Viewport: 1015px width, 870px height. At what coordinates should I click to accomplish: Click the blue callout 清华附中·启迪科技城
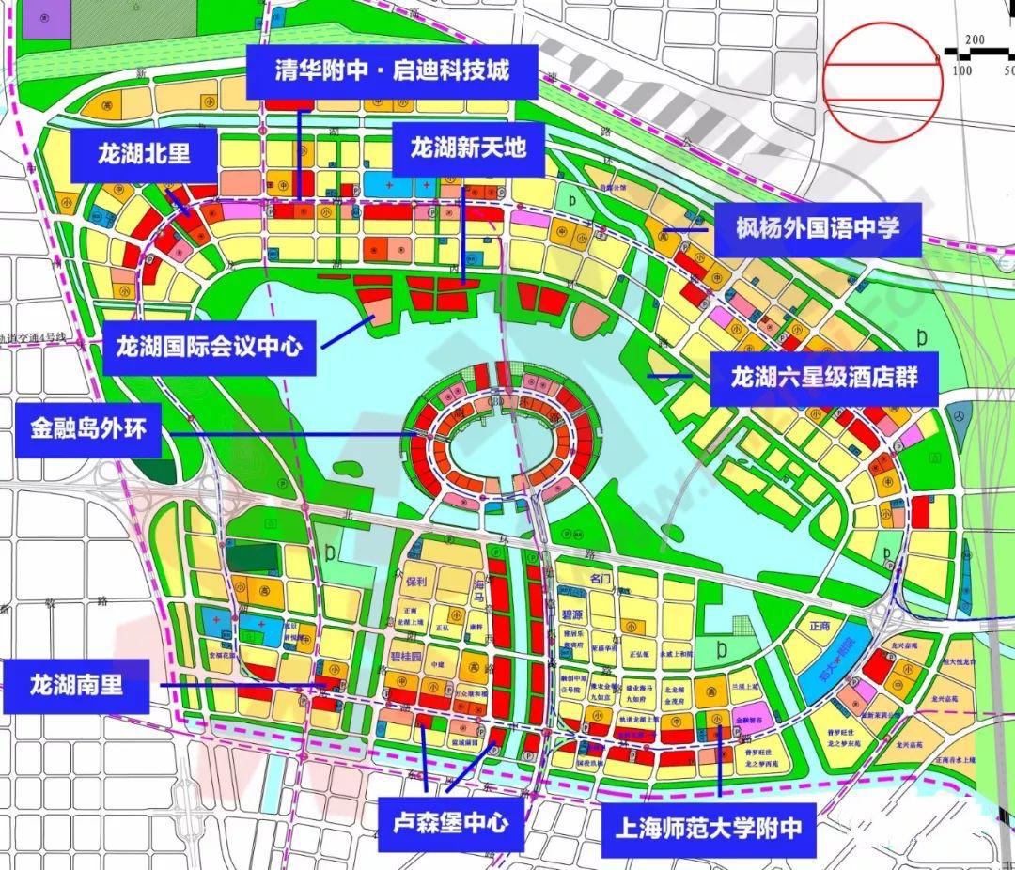pos(392,70)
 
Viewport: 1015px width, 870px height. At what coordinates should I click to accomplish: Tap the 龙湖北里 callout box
pos(144,154)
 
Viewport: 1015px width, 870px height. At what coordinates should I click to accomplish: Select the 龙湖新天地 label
pos(467,148)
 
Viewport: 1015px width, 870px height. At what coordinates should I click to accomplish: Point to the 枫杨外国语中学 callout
pos(818,227)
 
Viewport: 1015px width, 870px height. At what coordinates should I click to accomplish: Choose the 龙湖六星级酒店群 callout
pos(824,378)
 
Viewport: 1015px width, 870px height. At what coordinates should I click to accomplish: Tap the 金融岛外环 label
pos(88,430)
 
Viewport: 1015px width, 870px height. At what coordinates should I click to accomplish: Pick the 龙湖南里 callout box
pos(77,684)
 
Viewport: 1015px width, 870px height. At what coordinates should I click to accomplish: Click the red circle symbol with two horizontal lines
pos(882,79)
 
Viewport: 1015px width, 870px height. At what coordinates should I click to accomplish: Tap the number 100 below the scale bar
pos(961,71)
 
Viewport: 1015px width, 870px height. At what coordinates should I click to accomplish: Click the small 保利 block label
pos(417,582)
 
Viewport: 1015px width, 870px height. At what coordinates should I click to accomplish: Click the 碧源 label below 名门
pos(573,615)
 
